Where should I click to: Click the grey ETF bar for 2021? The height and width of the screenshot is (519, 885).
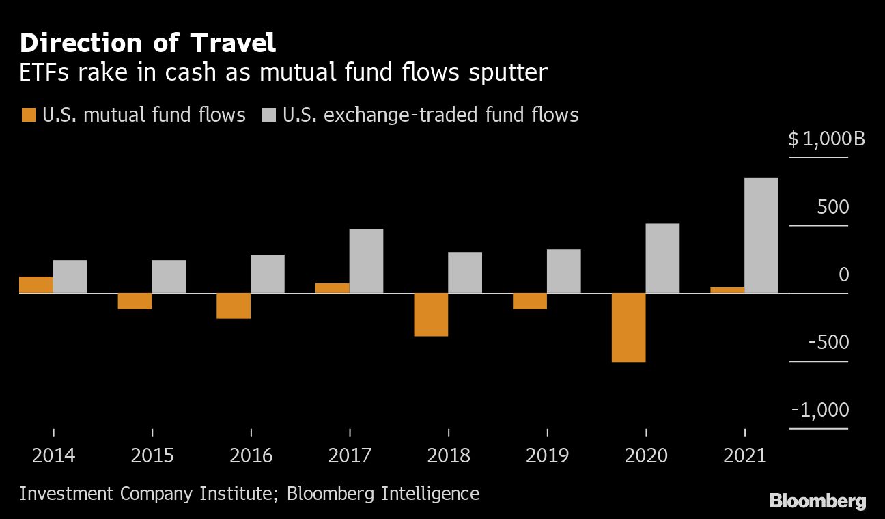(x=761, y=236)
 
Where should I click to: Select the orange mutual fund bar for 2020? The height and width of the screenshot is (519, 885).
(x=628, y=327)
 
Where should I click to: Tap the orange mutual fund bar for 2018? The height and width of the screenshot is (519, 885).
(x=431, y=314)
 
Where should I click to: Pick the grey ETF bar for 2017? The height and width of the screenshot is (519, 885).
(x=366, y=261)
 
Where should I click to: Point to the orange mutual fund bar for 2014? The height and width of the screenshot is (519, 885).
(x=36, y=285)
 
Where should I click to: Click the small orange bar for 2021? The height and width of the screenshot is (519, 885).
(x=727, y=290)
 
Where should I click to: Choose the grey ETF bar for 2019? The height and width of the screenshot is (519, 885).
(x=563, y=271)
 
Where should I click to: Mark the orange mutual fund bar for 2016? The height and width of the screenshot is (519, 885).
(x=234, y=305)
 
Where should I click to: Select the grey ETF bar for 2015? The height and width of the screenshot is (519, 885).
(x=169, y=277)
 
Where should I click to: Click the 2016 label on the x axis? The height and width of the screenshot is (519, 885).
(x=251, y=455)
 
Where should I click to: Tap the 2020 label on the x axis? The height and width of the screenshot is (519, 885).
(x=646, y=455)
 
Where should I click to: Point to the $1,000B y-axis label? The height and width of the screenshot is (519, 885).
(x=826, y=139)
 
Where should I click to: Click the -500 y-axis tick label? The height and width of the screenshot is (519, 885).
(x=828, y=342)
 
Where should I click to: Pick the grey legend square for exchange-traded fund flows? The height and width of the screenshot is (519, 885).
(x=268, y=115)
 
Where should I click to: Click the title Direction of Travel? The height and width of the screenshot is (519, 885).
(x=147, y=44)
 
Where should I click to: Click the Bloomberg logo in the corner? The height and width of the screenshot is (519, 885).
(x=817, y=501)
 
